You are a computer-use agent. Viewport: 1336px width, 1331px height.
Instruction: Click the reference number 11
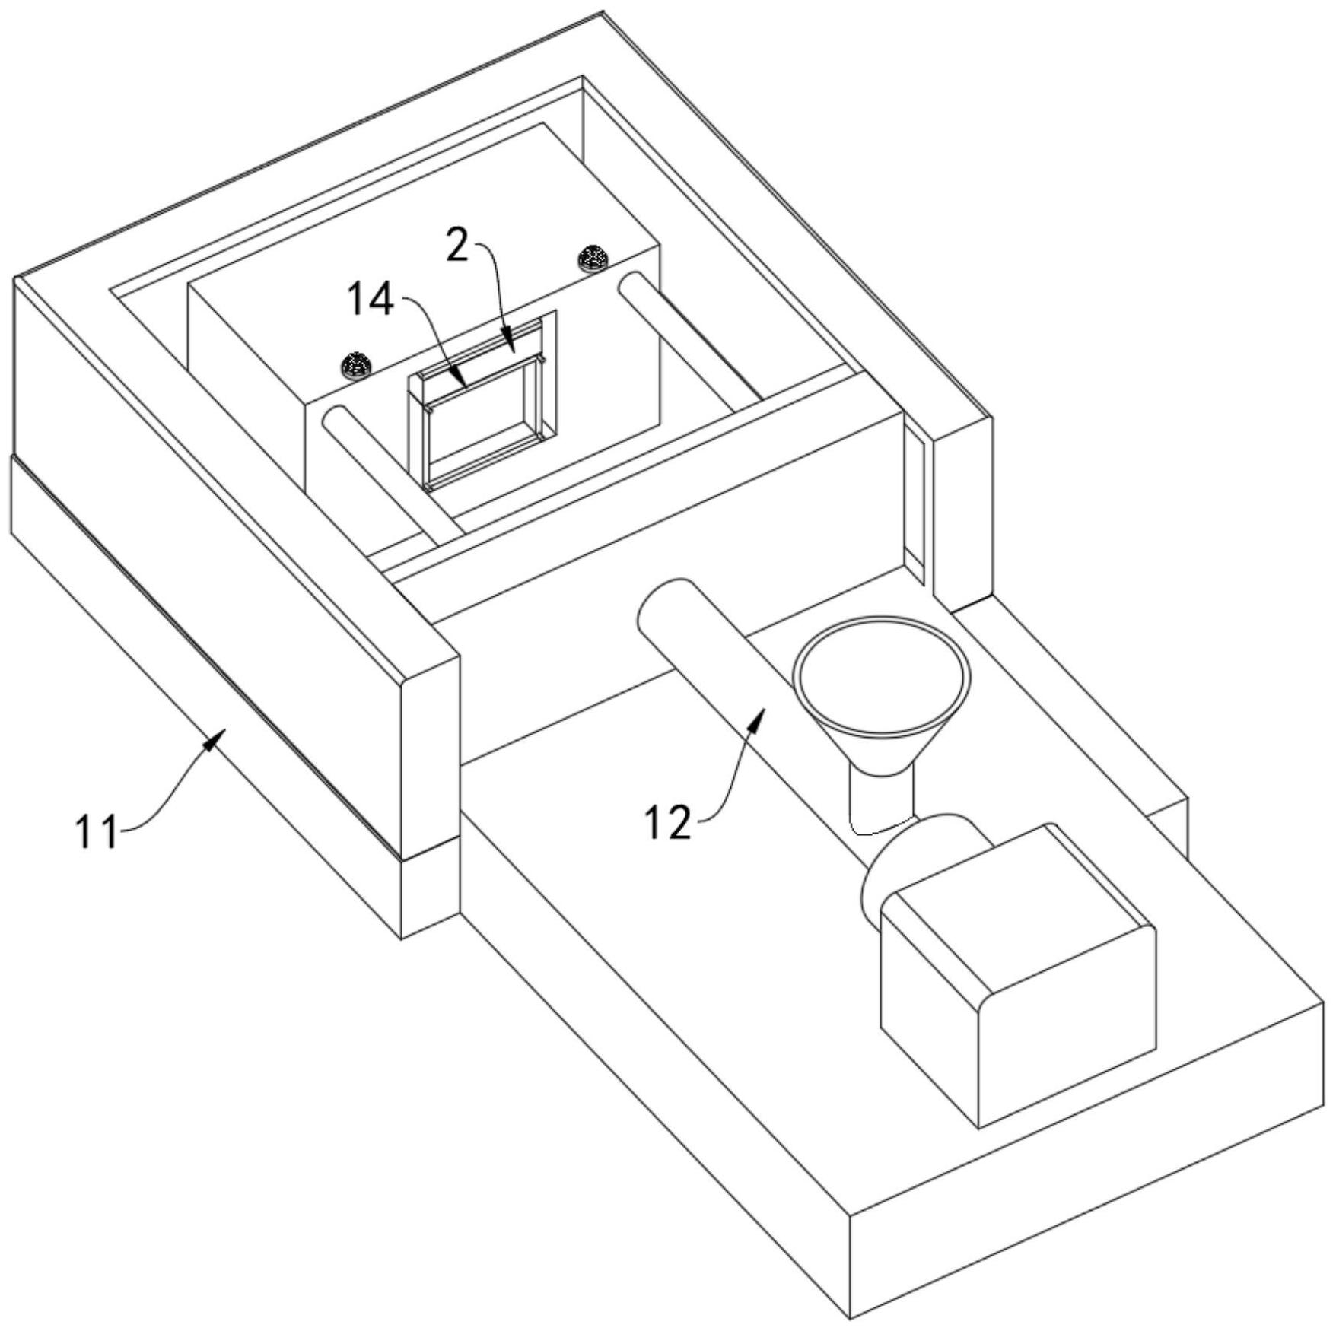[x=97, y=831]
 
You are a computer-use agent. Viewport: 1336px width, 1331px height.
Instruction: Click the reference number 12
[x=667, y=823]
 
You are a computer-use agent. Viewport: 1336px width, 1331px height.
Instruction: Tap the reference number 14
[x=371, y=300]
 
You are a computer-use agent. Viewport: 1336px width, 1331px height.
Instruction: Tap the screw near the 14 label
[x=355, y=365]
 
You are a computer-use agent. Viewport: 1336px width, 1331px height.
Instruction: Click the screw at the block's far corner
[x=593, y=259]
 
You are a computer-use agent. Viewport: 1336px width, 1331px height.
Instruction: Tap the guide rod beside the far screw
[x=689, y=335]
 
